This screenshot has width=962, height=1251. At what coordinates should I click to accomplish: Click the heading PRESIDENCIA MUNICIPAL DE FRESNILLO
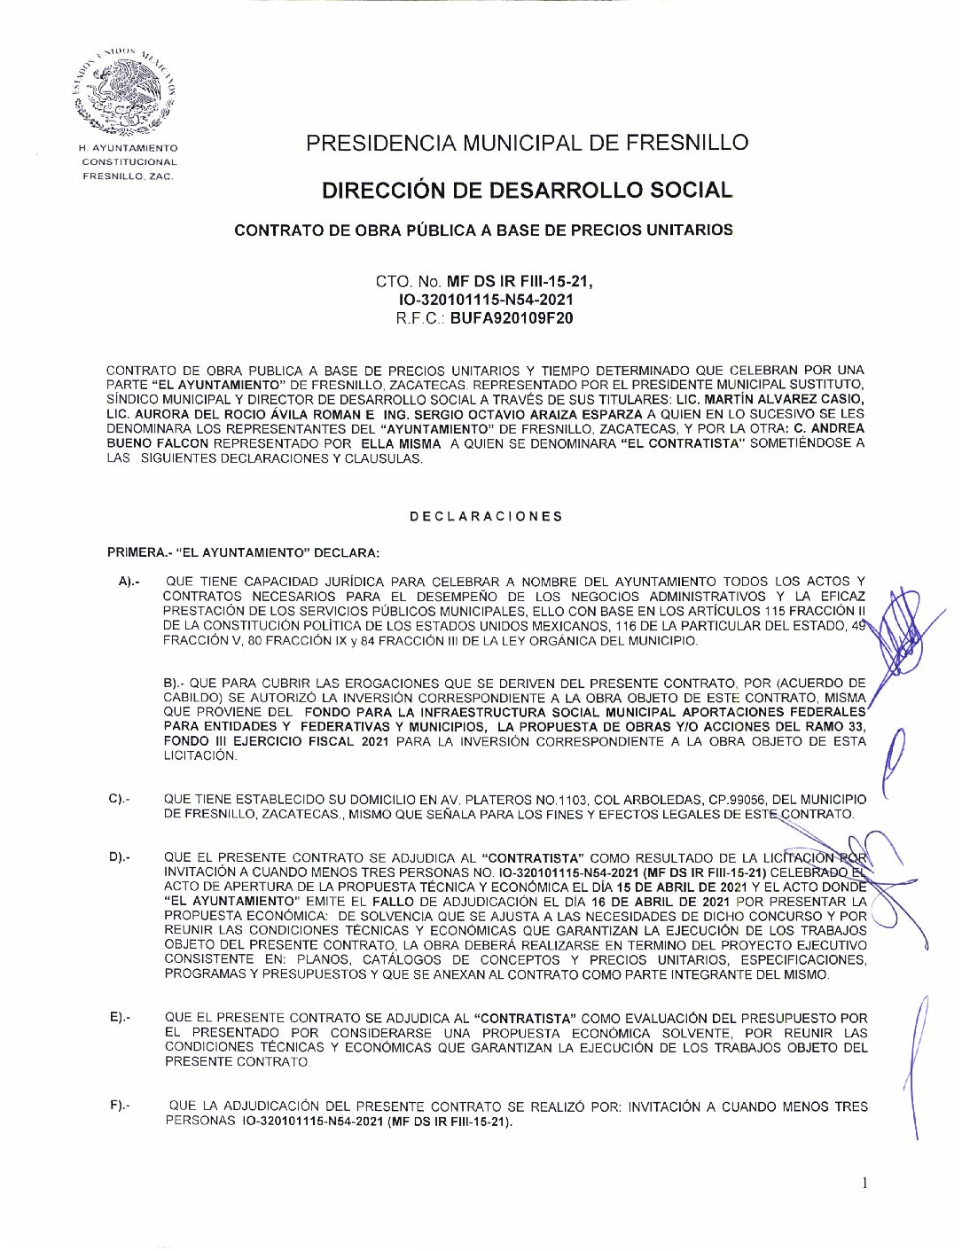pos(527,143)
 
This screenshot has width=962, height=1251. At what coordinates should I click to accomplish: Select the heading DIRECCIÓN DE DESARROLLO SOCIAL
pos(527,190)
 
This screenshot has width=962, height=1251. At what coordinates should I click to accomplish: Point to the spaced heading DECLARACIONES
pos(486,516)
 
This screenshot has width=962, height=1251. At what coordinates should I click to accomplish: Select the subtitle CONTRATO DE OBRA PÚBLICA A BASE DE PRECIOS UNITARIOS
pos(483,231)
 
